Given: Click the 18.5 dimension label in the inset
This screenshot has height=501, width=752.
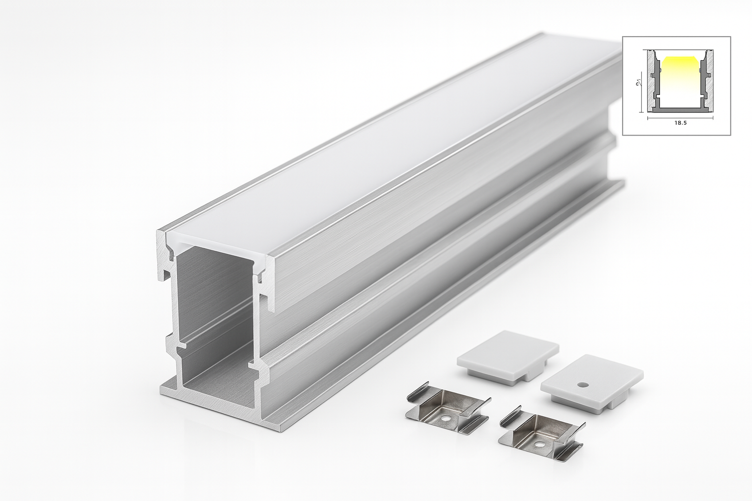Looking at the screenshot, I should coord(681,123).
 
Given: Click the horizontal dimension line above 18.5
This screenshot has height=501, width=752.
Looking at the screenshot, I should coord(681,117).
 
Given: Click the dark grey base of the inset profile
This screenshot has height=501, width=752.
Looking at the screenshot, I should coord(680,110).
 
